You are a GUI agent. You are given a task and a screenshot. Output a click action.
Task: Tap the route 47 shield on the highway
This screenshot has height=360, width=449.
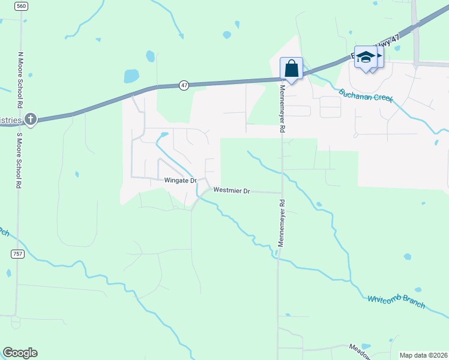click(184, 86)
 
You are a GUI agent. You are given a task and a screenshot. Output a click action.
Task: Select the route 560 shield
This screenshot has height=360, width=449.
click(22, 6)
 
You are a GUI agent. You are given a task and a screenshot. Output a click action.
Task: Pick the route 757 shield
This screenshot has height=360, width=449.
click(17, 254)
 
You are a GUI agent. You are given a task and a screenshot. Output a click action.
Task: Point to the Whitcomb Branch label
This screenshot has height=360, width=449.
click(396, 302)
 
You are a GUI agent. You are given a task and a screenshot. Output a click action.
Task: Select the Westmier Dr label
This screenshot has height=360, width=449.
click(231, 191)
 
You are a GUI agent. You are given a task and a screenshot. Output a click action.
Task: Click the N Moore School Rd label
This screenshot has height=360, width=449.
click(20, 80)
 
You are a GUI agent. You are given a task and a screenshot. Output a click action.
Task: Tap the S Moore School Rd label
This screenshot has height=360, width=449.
click(19, 158)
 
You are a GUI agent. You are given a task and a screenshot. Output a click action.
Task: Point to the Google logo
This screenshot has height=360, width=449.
click(20, 353)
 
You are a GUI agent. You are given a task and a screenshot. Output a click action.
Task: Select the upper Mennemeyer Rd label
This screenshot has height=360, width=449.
click(282, 109)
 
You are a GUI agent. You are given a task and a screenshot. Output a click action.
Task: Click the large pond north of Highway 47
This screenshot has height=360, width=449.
click(131, 76)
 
